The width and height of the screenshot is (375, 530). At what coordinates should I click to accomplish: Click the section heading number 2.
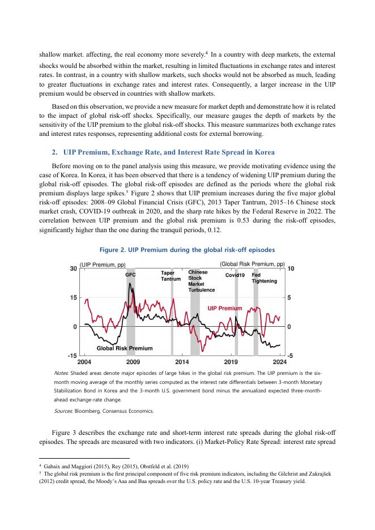tap(54, 153)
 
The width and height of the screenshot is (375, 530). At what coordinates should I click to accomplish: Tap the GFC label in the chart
tap(130, 275)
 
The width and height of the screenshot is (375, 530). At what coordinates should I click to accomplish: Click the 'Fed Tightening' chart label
tap(264, 277)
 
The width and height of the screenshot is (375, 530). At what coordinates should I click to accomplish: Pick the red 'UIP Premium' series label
tap(224, 309)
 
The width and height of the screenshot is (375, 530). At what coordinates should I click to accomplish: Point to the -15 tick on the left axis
tap(72, 356)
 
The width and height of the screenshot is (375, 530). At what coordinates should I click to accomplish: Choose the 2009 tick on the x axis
tap(133, 362)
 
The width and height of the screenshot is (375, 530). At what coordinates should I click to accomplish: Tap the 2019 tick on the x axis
tap(231, 362)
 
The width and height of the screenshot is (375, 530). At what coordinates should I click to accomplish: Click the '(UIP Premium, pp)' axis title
tap(103, 264)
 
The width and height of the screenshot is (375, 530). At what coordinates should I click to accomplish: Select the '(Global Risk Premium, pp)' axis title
tap(252, 264)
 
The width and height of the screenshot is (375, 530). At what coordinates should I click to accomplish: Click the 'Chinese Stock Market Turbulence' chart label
tap(201, 281)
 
